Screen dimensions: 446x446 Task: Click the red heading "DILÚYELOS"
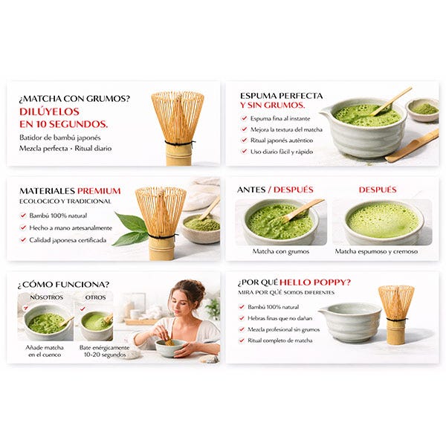pyautogui.click(x=49, y=111)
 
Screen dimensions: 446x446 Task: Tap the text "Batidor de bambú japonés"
pyautogui.click(x=60, y=138)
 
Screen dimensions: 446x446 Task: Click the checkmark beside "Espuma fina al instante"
pyautogui.click(x=244, y=118)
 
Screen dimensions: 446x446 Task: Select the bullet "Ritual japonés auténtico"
pyautogui.click(x=282, y=140)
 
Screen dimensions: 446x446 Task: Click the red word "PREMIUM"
pyautogui.click(x=99, y=191)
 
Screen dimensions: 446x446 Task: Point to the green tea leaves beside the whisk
pyautogui.click(x=129, y=229)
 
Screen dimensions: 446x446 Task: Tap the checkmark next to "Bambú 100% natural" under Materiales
pyautogui.click(x=23, y=216)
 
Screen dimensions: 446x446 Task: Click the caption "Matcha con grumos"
pyautogui.click(x=281, y=251)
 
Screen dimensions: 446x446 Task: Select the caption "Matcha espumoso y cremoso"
pyautogui.click(x=376, y=251)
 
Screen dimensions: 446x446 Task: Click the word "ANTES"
pyautogui.click(x=251, y=190)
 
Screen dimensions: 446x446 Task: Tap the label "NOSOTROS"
pyautogui.click(x=47, y=297)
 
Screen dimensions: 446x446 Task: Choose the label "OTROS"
pyautogui.click(x=95, y=297)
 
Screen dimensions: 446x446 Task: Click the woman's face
pyautogui.click(x=181, y=300)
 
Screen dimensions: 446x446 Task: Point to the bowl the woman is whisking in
pyautogui.click(x=170, y=348)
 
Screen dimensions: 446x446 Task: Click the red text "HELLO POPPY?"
pyautogui.click(x=315, y=282)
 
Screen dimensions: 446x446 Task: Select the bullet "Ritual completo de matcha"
pyautogui.click(x=280, y=340)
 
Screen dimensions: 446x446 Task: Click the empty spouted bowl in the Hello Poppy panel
pyautogui.click(x=350, y=321)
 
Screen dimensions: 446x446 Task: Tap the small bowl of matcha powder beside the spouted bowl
pyautogui.click(x=422, y=109)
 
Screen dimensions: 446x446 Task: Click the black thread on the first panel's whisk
pyautogui.click(x=179, y=143)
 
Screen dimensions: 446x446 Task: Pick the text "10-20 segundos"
pyautogui.click(x=105, y=355)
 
